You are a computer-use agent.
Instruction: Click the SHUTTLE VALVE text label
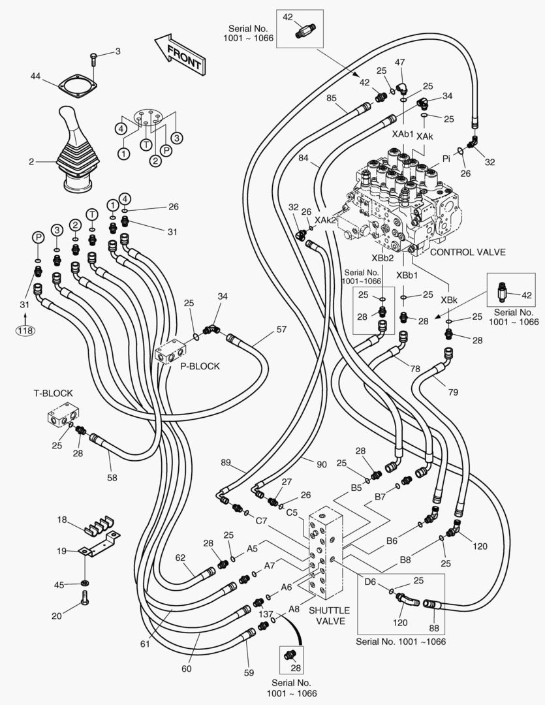pyautogui.click(x=328, y=616)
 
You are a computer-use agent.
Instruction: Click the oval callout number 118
pyautogui.click(x=25, y=330)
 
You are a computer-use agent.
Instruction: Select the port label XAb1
pyautogui.click(x=403, y=134)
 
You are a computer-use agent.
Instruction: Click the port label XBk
pyautogui.click(x=448, y=300)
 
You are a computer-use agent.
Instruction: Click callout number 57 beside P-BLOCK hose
pyautogui.click(x=281, y=330)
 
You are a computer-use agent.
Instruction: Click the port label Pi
pyautogui.click(x=447, y=158)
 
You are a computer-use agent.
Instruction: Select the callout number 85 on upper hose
pyautogui.click(x=332, y=99)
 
